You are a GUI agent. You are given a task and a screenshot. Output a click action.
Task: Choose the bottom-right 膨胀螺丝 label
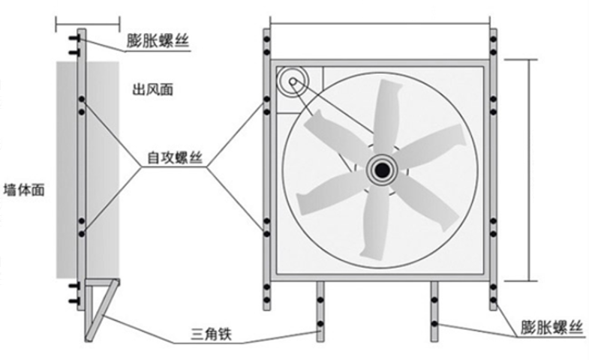551,328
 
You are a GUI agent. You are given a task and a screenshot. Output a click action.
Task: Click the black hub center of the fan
382,171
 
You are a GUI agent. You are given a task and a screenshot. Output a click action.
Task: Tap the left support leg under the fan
320,311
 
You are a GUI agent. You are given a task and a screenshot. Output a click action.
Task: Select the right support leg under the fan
434,311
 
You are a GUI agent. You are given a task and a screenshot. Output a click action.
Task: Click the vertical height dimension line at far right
530,169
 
